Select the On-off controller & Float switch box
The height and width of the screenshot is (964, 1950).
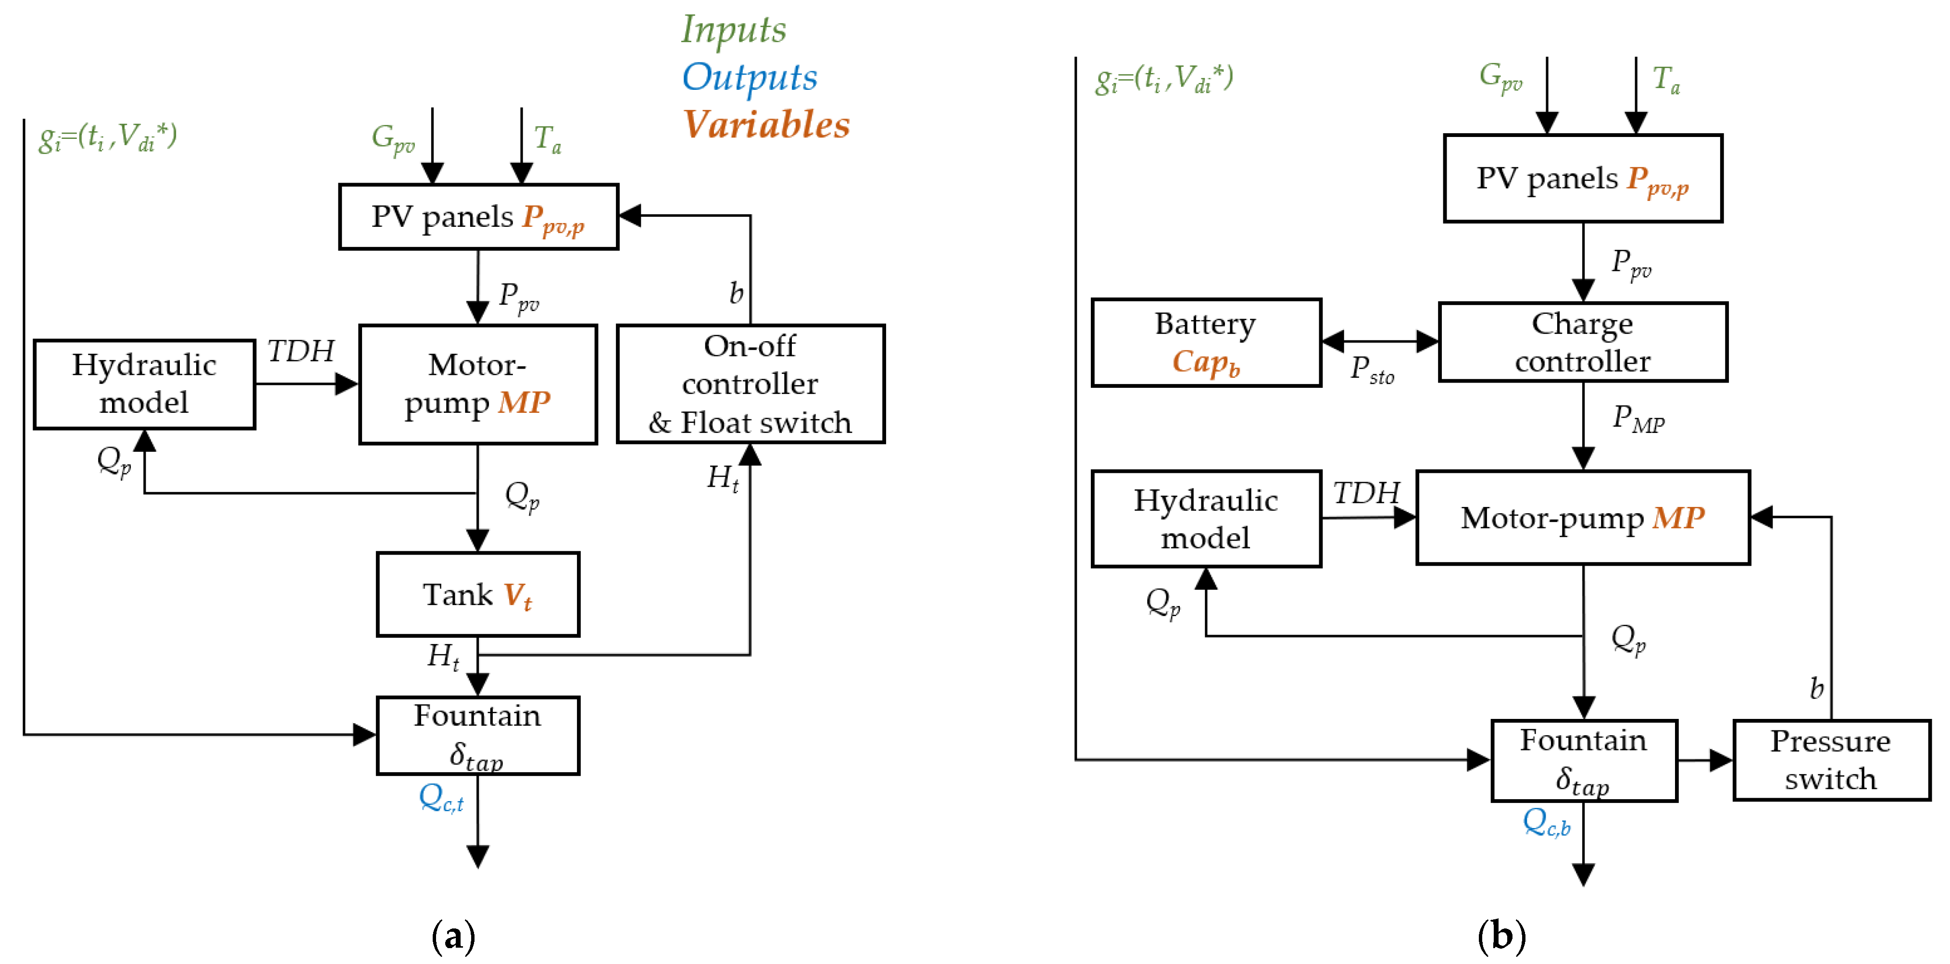pos(750,383)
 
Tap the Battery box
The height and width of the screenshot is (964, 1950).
pos(1206,343)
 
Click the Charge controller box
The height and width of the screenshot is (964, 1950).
pos(1582,342)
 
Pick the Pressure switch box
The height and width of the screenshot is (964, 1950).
pos(1830,760)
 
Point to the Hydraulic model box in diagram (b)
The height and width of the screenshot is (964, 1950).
pos(1206,519)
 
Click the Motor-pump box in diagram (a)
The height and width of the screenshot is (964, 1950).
pos(478,384)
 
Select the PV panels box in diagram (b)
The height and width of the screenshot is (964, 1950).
pos(1582,179)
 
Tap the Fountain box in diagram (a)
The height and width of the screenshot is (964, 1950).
pos(478,735)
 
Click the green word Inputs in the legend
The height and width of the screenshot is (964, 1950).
pos(734,30)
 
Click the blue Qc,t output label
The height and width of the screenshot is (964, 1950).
pos(441,798)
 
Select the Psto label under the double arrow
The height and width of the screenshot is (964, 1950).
pos(1372,370)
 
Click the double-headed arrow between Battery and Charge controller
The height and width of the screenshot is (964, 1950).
pos(1380,341)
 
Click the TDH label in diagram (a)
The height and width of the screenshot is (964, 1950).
pos(300,351)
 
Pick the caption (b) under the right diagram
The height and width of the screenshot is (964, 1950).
pos(1501,936)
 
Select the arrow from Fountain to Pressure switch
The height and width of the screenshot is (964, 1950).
pos(1705,760)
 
